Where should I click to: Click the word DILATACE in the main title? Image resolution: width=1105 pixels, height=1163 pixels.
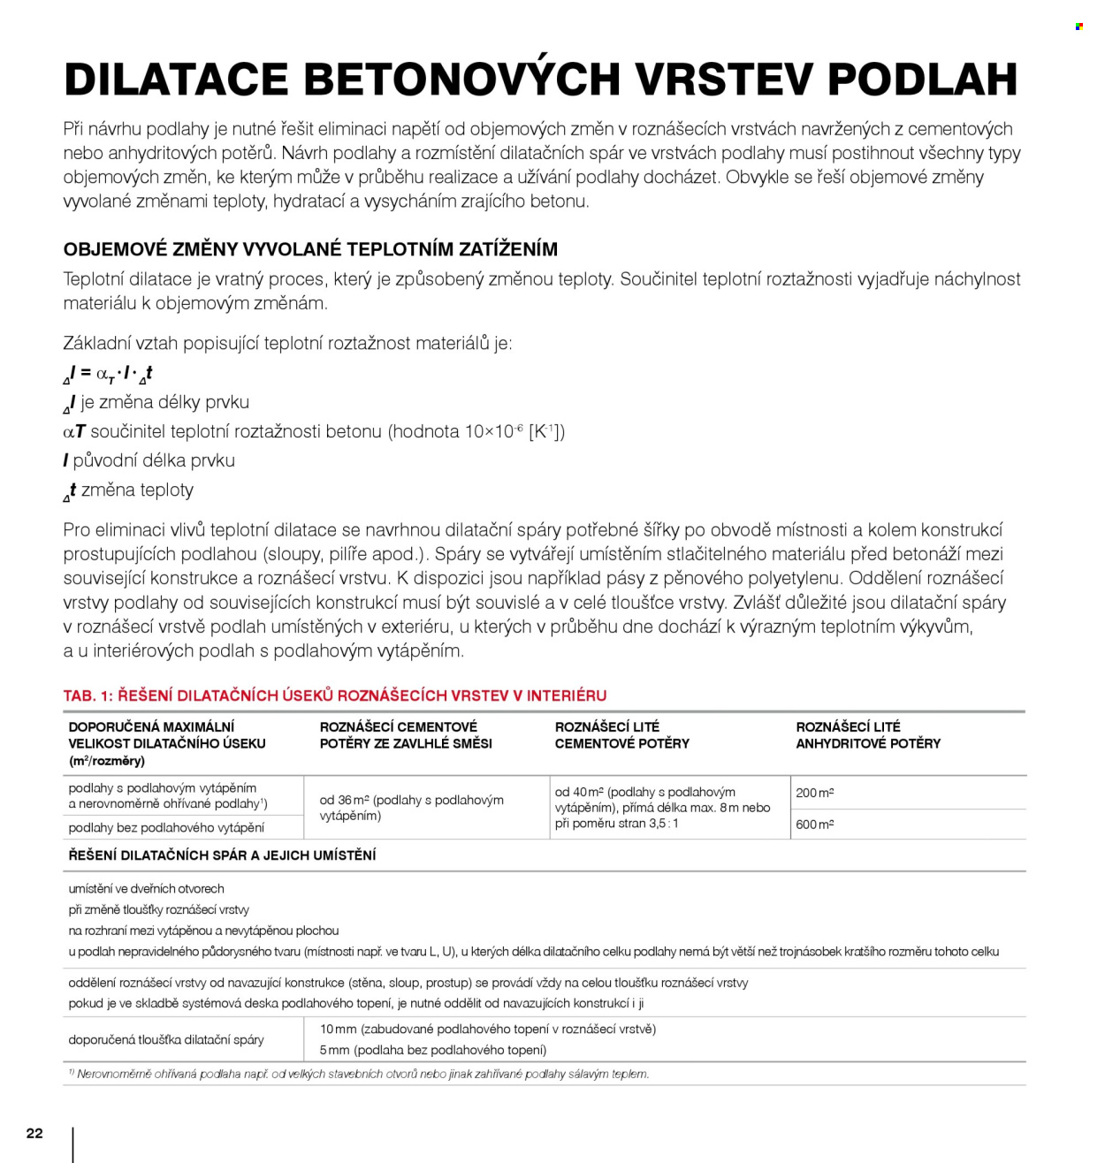tap(177, 79)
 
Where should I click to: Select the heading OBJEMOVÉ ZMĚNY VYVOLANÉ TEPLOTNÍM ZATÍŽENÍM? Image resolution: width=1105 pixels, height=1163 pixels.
tap(310, 249)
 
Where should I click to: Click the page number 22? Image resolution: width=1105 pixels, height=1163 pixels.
tap(34, 1133)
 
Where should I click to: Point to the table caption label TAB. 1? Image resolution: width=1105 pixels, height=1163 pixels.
tap(88, 696)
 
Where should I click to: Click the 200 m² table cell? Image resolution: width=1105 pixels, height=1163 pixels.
tap(814, 793)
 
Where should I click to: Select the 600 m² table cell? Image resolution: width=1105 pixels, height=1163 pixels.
tap(814, 825)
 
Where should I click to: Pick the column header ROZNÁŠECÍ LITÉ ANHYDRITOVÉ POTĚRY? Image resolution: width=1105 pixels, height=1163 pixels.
tap(867, 735)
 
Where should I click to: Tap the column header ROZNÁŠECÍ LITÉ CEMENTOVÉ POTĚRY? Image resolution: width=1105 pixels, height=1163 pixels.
tap(621, 735)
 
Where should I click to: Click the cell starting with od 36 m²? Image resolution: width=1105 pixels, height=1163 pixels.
tap(411, 808)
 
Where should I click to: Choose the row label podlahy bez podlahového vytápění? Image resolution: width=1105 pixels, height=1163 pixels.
tap(166, 828)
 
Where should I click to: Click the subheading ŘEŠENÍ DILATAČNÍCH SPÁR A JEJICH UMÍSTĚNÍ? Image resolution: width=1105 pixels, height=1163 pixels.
tap(222, 855)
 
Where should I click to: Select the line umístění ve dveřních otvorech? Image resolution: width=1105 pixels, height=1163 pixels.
tap(146, 889)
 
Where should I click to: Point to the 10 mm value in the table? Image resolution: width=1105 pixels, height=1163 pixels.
tap(338, 1029)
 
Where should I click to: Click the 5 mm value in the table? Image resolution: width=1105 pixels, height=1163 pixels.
tap(334, 1050)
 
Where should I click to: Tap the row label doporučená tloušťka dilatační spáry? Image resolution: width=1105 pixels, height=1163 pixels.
tap(166, 1039)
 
